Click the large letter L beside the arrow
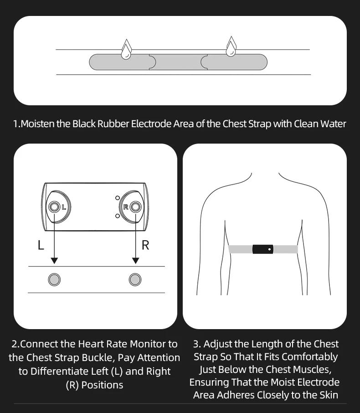(x=41, y=245)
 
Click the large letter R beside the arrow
(x=145, y=245)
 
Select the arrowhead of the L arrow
(x=54, y=261)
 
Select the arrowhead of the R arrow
(x=136, y=261)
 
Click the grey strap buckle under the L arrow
(x=54, y=279)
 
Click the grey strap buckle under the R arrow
(x=135, y=279)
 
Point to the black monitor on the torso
(x=263, y=249)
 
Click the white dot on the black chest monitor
(x=269, y=249)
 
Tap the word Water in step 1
(x=333, y=124)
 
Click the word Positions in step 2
(x=102, y=385)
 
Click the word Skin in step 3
(x=329, y=395)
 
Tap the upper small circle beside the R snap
(x=118, y=198)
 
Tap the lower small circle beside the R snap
(x=118, y=216)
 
